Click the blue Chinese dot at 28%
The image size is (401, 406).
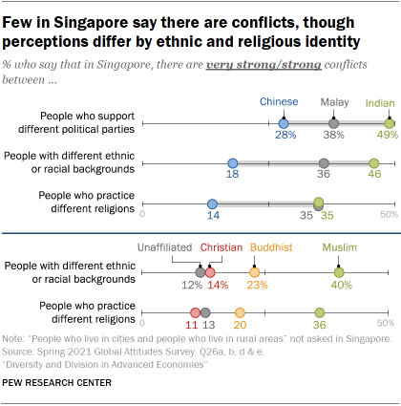pyautogui.click(x=284, y=123)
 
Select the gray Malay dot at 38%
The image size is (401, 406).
pyautogui.click(x=333, y=123)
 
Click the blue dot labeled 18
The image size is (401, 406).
pyautogui.click(x=232, y=163)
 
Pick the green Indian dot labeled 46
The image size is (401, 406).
pyautogui.click(x=373, y=163)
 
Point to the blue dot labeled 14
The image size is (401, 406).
pyautogui.click(x=212, y=203)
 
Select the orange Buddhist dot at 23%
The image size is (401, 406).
pyautogui.click(x=254, y=272)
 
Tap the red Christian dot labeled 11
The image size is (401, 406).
pyautogui.click(x=195, y=312)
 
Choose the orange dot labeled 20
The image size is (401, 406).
pyautogui.click(x=240, y=312)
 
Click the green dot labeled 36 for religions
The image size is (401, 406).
pyautogui.click(x=319, y=312)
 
